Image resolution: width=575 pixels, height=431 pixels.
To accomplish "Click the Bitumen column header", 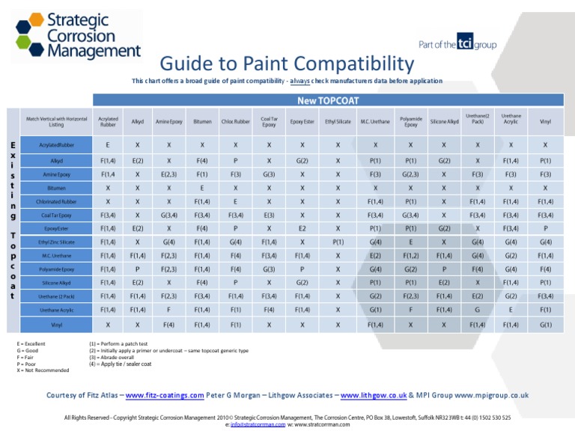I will (202, 121).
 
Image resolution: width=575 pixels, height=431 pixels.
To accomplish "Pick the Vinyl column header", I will (545, 121).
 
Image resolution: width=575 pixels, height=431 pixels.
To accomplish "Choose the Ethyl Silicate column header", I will (338, 121).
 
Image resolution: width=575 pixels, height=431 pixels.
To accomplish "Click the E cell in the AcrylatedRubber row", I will (108, 145).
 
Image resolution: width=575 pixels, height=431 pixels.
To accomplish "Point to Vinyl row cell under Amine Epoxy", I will (169, 325).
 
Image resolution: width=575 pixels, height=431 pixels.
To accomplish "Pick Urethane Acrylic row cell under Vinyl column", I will (545, 310).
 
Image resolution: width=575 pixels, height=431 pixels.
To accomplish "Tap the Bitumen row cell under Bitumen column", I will (202, 188).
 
